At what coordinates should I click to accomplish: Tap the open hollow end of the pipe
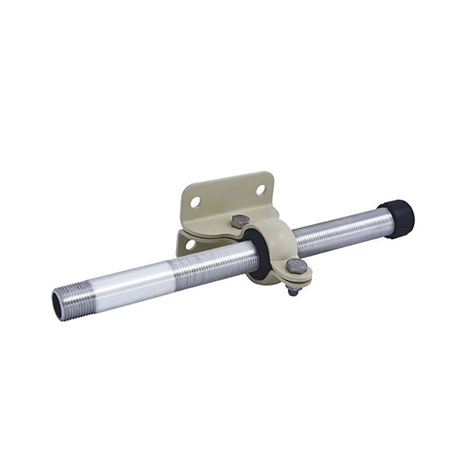56,296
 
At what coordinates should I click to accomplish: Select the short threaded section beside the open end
72,292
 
